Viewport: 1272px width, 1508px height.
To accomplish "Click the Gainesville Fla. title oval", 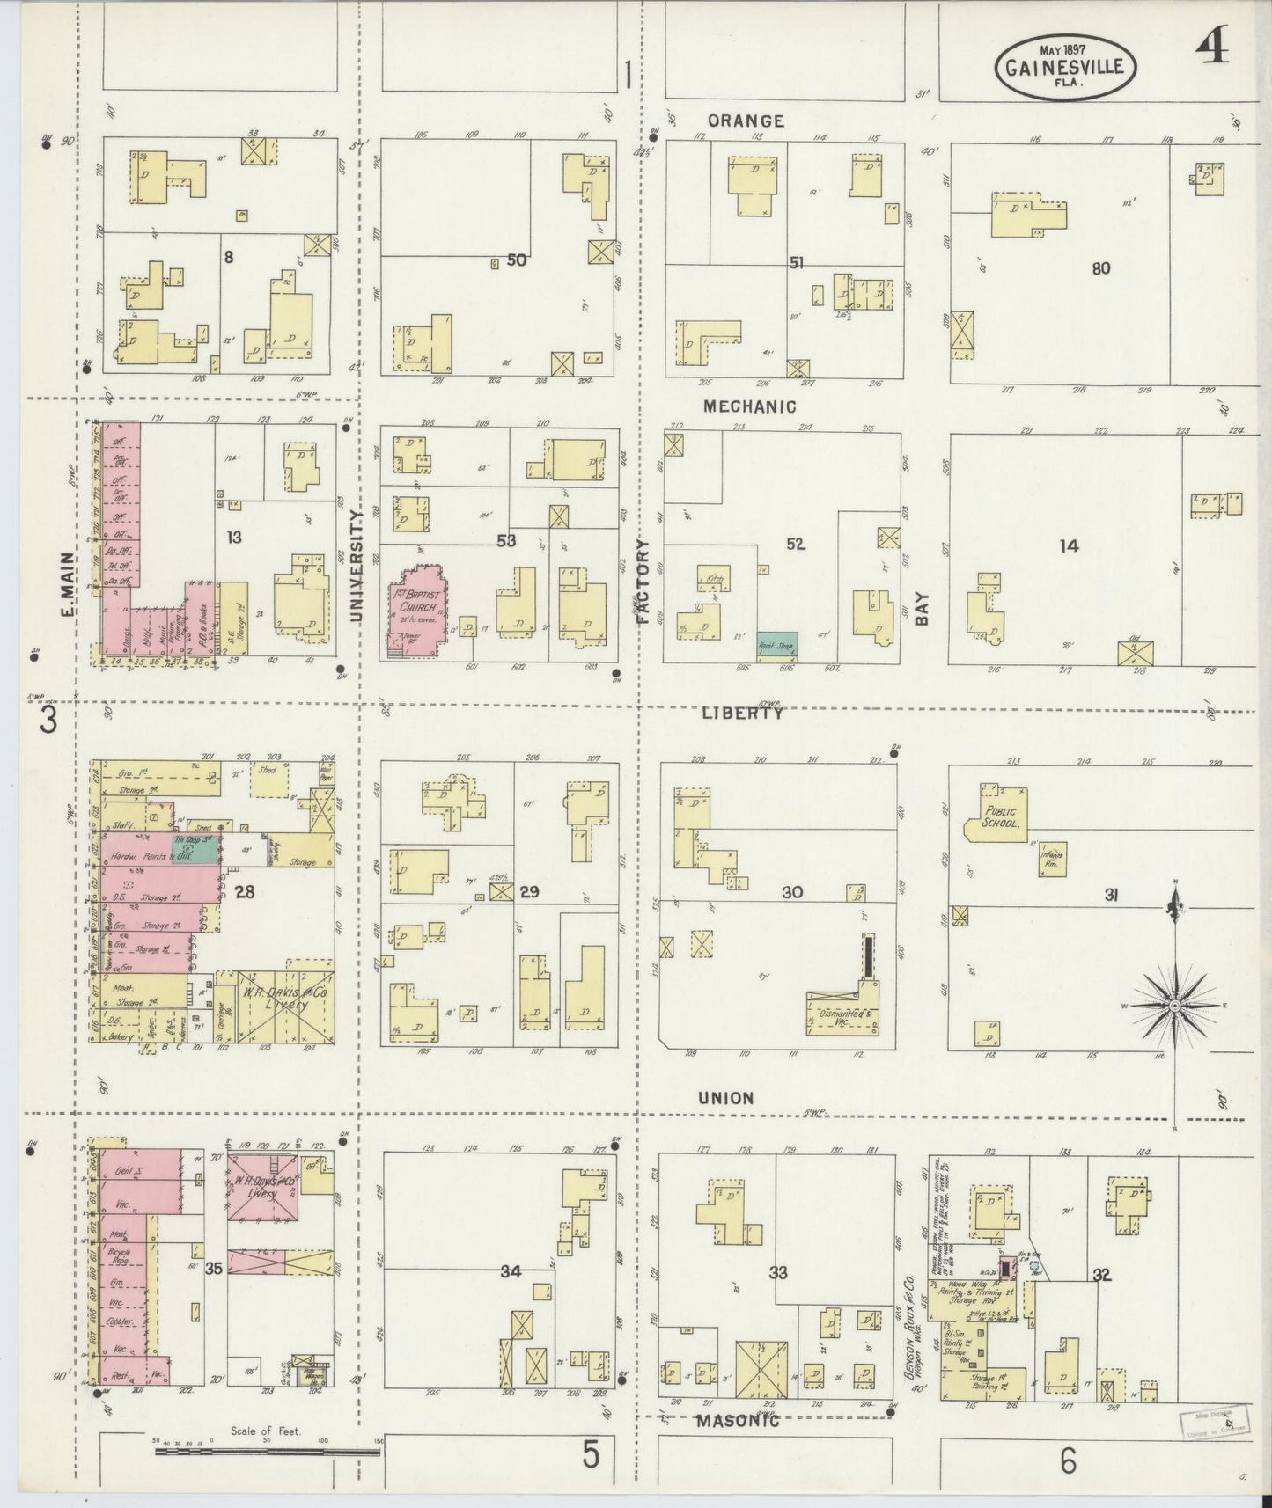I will pos(1065,67).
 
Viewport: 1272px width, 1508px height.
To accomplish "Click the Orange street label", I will pos(746,121).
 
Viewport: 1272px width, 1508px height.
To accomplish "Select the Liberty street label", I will pos(742,714).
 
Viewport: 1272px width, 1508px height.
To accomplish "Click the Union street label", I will pos(726,1098).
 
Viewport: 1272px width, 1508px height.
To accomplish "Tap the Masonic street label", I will pos(738,1420).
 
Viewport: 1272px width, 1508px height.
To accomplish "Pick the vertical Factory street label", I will pos(642,582).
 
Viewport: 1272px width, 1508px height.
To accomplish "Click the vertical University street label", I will pos(357,567).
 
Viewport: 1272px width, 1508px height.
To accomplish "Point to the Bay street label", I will pos(921,607).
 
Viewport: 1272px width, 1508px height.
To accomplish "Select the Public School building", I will pos(996,816).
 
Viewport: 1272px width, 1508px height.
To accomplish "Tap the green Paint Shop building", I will pos(776,644).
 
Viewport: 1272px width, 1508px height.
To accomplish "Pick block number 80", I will pos(1100,268).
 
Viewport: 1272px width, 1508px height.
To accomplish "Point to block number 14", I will pos(1068,546).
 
